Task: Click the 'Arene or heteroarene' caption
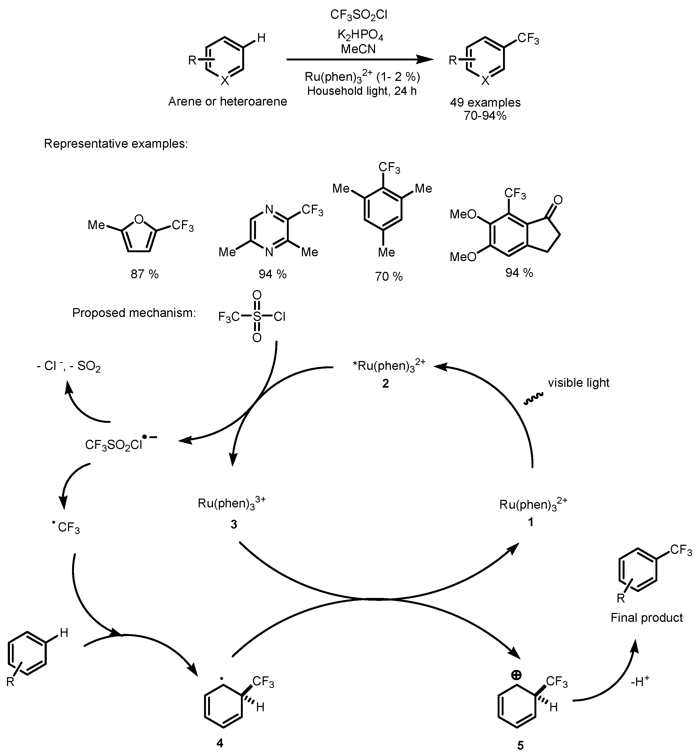[x=227, y=101]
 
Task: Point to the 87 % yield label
[x=144, y=274]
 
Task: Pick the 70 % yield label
[x=389, y=277]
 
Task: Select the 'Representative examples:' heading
[x=116, y=144]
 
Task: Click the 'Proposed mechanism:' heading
[x=134, y=313]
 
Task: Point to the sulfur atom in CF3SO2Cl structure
[x=257, y=317]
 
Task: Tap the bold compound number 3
[x=234, y=524]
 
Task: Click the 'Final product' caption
[x=646, y=618]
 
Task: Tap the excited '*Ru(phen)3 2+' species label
[x=388, y=366]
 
